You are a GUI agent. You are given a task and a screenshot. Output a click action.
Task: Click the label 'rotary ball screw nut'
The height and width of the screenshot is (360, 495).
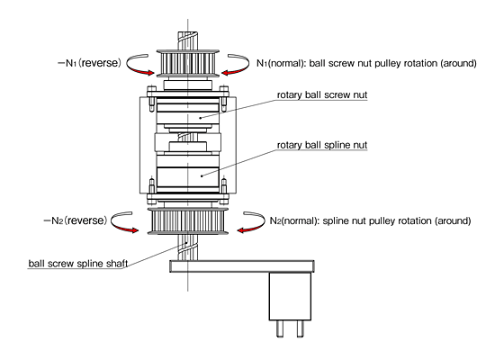pos(322,95)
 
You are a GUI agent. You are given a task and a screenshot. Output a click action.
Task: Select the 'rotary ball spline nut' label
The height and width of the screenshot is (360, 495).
pos(322,145)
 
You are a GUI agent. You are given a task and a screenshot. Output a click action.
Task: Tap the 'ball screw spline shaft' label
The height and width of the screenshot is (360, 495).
pos(78,264)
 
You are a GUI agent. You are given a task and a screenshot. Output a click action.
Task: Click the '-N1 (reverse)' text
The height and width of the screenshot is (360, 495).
pos(90,63)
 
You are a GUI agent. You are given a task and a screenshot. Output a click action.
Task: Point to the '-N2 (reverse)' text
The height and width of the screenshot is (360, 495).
pos(76,220)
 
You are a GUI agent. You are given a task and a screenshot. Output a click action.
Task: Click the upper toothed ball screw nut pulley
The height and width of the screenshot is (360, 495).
pos(188,63)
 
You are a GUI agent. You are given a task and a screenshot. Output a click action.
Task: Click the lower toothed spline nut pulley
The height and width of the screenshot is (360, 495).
pos(188,221)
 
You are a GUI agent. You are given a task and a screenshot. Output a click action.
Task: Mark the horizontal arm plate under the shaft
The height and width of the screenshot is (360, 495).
pos(242,266)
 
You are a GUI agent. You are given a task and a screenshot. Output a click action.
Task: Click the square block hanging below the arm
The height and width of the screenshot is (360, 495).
pos(290,296)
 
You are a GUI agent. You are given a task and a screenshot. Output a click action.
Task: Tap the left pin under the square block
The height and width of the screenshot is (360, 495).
pos(280,328)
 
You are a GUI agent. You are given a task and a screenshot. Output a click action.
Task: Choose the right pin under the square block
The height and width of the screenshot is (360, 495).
pos(301,328)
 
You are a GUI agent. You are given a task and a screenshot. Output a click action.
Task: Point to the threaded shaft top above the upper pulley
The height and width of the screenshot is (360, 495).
pos(188,40)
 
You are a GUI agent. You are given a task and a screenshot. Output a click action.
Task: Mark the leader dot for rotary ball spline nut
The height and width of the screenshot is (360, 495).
pos(202,175)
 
